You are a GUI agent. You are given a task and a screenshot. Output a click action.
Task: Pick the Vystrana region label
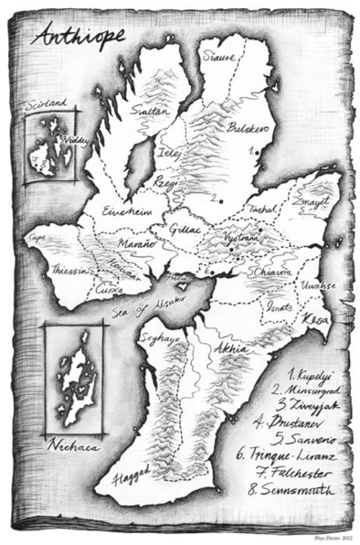click(242, 236)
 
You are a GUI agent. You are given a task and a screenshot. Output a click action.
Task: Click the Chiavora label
click(271, 271)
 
